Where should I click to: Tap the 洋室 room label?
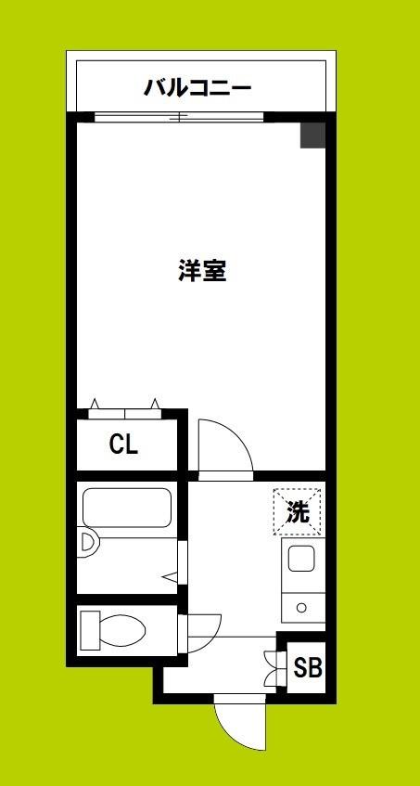pos(202,272)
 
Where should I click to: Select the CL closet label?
pos(123,445)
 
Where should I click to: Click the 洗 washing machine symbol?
pos(297,510)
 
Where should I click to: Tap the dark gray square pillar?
pos(312,135)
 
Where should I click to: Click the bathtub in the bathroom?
pos(127,509)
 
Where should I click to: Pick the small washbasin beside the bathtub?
pos(88,543)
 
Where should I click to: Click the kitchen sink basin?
pos(301,560)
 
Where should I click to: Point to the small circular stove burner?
pos(301,608)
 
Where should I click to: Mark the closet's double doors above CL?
pos(124,406)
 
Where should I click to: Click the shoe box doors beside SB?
pos(272,667)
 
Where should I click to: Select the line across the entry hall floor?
pos(232,637)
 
